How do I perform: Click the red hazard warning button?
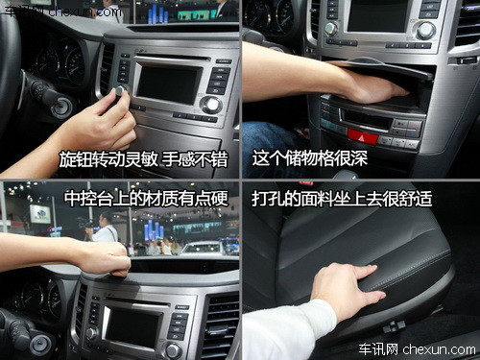pyautogui.click(x=363, y=135)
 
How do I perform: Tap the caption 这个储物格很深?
pyautogui.click(x=310, y=158)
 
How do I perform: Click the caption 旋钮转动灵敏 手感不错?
pyautogui.click(x=144, y=159)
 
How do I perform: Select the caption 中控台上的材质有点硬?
pyautogui.click(x=147, y=199)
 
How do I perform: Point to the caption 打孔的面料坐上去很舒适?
pyautogui.click(x=342, y=199)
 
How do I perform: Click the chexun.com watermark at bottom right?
pyautogui.click(x=417, y=349)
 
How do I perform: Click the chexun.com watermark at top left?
pyautogui.click(x=63, y=12)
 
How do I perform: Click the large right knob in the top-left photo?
pyautogui.click(x=211, y=105)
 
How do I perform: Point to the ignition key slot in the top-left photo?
pyautogui.click(x=62, y=108)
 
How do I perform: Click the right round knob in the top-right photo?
pyautogui.click(x=426, y=31)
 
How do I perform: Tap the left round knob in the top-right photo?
pyautogui.click(x=331, y=29)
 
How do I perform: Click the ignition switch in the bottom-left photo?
pyautogui.click(x=40, y=345)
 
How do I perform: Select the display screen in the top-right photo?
pyautogui.click(x=378, y=15)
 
